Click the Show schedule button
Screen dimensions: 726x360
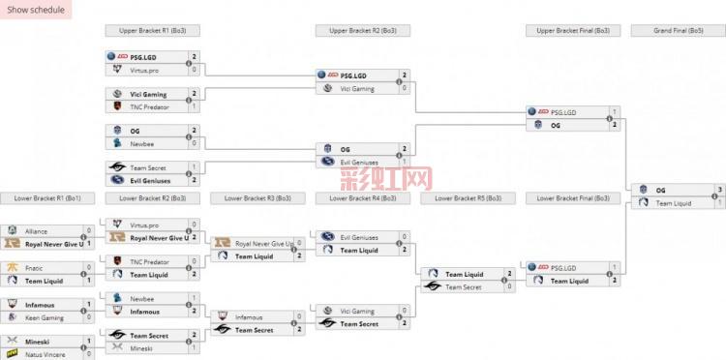point(36,10)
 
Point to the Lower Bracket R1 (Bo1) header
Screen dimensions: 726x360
point(47,197)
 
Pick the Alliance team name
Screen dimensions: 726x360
point(37,232)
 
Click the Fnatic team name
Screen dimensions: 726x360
point(35,267)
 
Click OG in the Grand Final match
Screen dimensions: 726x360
point(661,190)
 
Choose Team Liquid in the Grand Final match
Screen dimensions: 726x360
point(678,203)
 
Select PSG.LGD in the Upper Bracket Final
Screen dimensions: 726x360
point(563,112)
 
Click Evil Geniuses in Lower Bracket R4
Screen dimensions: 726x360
point(360,236)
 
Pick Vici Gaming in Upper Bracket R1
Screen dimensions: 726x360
point(148,94)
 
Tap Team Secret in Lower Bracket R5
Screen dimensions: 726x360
point(463,287)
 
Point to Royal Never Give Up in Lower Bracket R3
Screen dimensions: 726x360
point(264,244)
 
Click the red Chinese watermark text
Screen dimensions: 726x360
point(385,179)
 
